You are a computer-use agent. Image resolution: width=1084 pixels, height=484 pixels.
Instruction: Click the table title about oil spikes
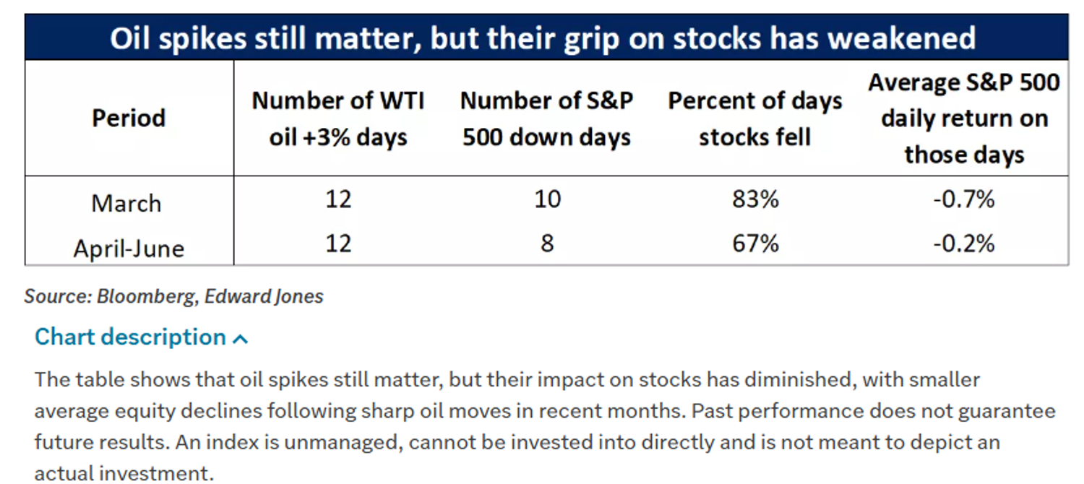coord(543,38)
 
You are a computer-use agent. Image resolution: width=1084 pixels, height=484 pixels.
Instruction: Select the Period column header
coord(129,118)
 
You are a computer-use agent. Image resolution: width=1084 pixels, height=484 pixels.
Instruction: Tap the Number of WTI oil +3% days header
coord(337,119)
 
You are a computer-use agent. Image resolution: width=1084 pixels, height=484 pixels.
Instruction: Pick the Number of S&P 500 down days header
coord(546,119)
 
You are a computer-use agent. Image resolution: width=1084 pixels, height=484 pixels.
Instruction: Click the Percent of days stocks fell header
coord(755,119)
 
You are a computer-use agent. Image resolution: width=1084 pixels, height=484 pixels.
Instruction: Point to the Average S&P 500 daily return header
coord(964,118)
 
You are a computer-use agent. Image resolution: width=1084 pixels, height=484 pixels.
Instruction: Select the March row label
coord(126,203)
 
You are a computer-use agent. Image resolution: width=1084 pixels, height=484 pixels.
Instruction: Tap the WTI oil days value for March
coord(338,199)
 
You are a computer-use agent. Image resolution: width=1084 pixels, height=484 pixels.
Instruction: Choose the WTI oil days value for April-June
coord(338,243)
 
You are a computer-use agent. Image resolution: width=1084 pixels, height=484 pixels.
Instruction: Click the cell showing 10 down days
coord(547,199)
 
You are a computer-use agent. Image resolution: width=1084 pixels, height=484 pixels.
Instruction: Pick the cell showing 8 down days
coord(547,243)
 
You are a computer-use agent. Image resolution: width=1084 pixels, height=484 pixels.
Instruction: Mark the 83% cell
coord(755,199)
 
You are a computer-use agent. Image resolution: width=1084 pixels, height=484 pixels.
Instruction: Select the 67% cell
coord(755,243)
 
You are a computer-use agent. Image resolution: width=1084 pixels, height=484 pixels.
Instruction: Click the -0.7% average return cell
coord(964,199)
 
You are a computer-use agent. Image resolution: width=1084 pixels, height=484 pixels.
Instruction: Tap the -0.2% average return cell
coord(964,243)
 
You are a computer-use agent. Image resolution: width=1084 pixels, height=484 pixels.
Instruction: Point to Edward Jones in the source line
coord(264,296)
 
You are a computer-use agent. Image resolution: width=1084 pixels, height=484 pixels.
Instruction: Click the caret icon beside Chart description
coord(240,339)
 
